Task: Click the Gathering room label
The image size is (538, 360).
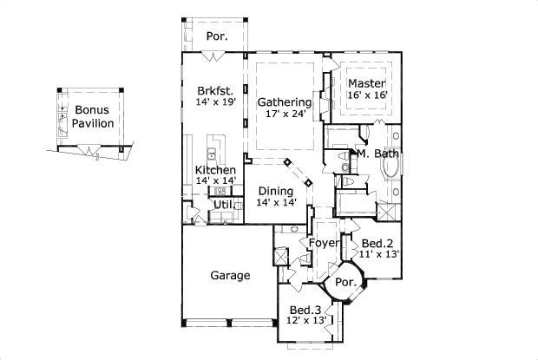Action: click(x=284, y=102)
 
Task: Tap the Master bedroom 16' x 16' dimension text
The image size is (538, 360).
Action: click(x=368, y=95)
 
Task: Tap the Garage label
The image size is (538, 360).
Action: click(x=230, y=276)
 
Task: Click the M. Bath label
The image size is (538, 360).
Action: click(x=378, y=154)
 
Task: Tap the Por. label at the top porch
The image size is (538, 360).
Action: click(x=217, y=36)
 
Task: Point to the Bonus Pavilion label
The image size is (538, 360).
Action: click(x=93, y=117)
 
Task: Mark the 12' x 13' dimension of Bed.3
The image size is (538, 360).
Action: click(x=305, y=320)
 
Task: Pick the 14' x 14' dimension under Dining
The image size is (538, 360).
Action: click(x=276, y=202)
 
